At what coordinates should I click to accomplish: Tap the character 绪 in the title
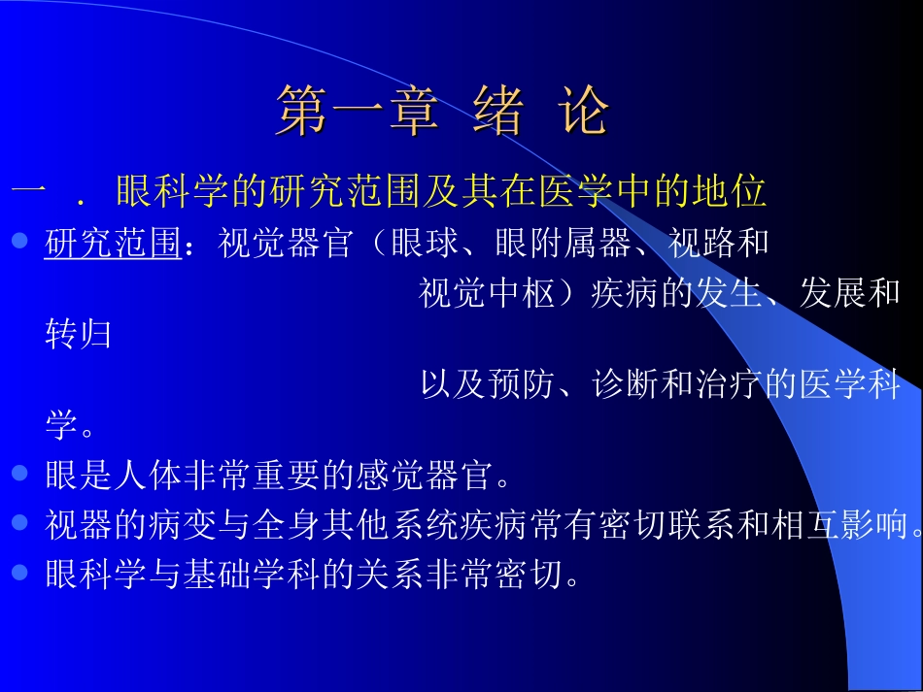498,111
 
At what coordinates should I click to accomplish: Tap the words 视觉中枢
487,293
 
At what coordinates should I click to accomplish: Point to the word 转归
79,336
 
